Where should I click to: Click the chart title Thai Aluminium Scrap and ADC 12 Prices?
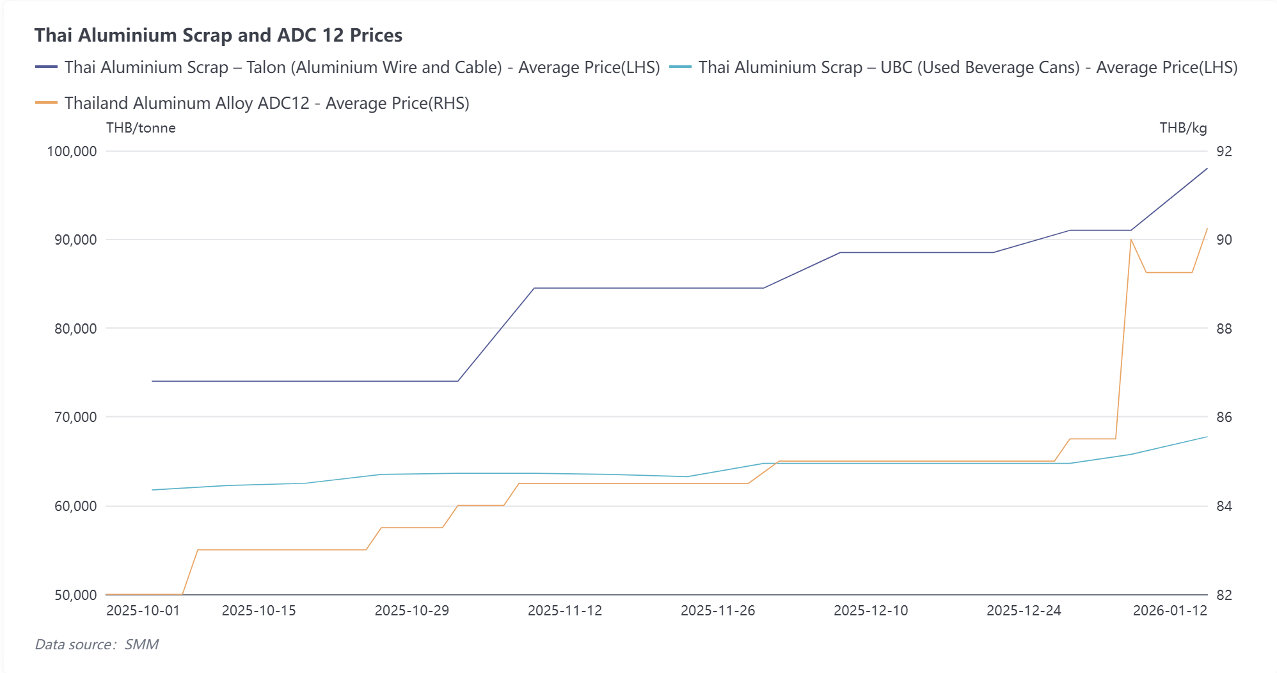pos(218,35)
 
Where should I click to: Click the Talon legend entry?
pos(348,67)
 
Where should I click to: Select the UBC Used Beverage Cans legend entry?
pos(953,67)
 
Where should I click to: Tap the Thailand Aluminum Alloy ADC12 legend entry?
pos(253,103)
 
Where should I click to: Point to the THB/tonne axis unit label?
pos(141,128)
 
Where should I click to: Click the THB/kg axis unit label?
pos(1183,128)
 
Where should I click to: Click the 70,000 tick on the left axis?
pos(75,418)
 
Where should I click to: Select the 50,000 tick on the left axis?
pos(75,595)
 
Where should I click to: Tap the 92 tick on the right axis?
pos(1224,152)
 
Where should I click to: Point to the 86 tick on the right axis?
pos(1224,418)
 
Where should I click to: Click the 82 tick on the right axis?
pos(1224,595)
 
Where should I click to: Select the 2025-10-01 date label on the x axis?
pos(143,610)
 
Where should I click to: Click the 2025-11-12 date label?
pos(565,610)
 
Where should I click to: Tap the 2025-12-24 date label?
pos(1024,610)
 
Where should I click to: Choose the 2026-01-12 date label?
pos(1170,610)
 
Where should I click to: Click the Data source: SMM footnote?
pos(97,644)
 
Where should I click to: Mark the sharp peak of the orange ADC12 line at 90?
pos(1131,239)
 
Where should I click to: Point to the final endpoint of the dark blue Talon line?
pos(1207,168)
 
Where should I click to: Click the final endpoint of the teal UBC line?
pos(1207,437)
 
